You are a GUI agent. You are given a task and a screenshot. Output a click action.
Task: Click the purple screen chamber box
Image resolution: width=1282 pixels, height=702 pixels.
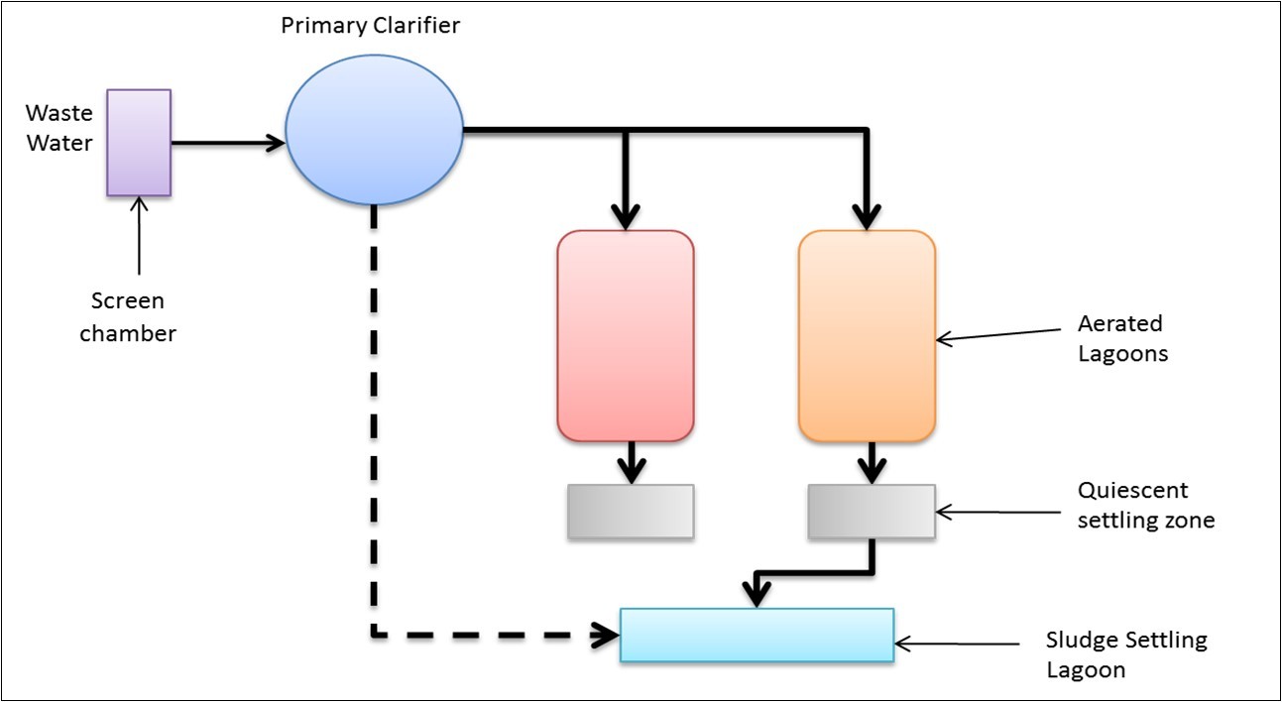click(x=139, y=143)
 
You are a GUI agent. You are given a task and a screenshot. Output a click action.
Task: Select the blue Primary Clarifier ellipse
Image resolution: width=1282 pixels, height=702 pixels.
click(x=374, y=130)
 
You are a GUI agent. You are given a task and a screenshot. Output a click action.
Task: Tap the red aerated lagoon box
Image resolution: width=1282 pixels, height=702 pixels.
click(x=626, y=335)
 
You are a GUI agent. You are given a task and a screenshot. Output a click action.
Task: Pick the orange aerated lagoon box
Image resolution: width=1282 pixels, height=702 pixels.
click(x=867, y=335)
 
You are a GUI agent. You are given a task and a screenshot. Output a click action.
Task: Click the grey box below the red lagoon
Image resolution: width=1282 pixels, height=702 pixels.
click(x=631, y=512)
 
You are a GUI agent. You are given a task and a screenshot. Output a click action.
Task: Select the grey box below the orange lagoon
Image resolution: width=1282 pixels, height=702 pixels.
click(x=872, y=512)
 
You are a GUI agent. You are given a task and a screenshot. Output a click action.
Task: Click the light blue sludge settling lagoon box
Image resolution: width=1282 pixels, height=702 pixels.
click(x=757, y=635)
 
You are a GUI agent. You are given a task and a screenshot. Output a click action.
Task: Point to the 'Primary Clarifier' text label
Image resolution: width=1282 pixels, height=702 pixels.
click(x=370, y=26)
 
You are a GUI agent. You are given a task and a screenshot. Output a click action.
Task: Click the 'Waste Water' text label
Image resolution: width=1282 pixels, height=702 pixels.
click(x=58, y=128)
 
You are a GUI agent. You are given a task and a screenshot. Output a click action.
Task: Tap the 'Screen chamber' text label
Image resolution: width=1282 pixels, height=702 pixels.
click(x=128, y=317)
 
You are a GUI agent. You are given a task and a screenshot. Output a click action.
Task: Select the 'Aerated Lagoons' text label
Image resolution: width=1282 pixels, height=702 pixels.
click(x=1121, y=338)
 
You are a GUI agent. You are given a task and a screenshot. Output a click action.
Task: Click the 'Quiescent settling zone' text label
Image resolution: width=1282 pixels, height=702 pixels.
click(x=1145, y=506)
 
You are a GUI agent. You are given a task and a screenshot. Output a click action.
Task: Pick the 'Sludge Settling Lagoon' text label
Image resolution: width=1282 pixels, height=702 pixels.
click(x=1126, y=654)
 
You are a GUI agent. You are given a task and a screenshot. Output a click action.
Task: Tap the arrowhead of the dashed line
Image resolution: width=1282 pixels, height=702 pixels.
click(x=603, y=635)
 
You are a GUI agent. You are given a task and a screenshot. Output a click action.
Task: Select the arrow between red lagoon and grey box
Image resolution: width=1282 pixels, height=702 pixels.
click(x=630, y=461)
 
